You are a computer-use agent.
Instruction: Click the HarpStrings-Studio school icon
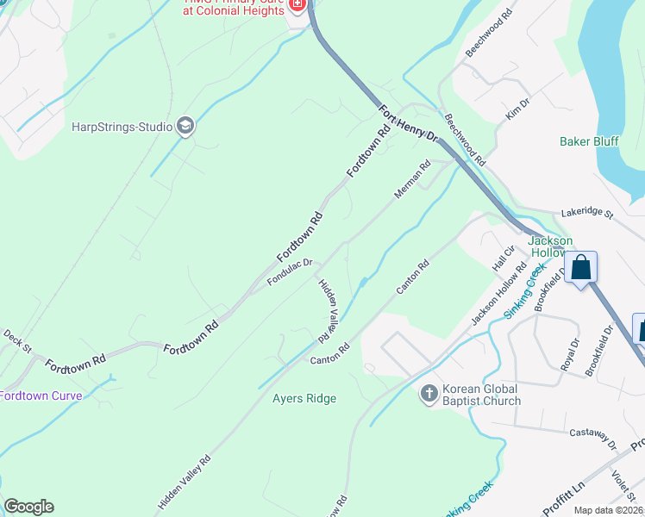click(x=185, y=127)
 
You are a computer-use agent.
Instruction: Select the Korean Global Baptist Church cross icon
click(x=429, y=394)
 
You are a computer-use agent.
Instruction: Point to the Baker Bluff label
click(x=589, y=141)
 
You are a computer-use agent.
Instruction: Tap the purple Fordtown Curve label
click(x=41, y=396)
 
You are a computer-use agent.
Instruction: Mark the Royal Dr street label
click(x=570, y=354)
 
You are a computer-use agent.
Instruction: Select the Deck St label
click(x=17, y=341)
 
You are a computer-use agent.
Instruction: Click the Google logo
click(x=28, y=507)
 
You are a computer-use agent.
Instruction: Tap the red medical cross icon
click(x=297, y=5)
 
